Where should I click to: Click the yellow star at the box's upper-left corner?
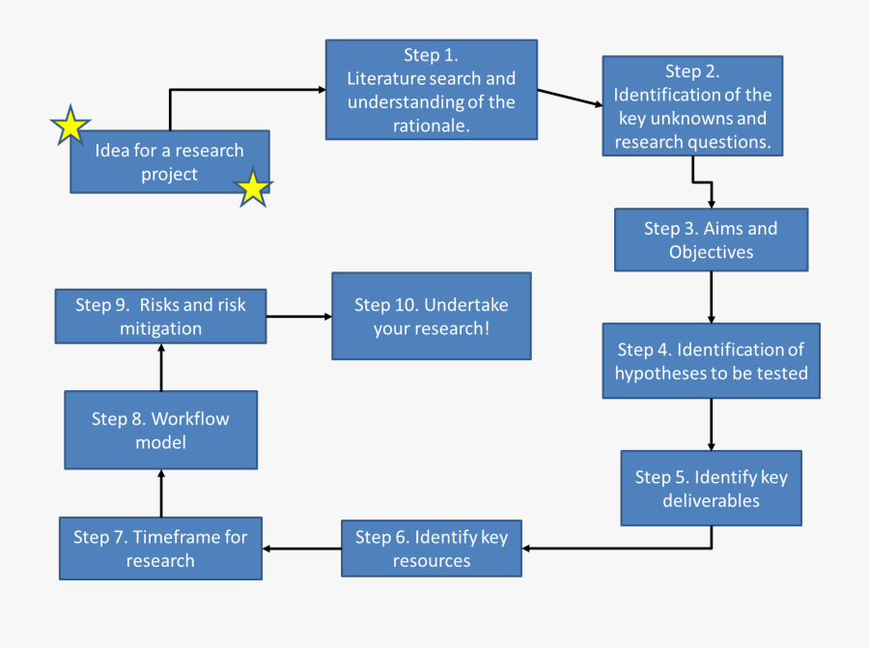coord(70,127)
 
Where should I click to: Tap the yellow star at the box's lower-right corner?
coord(253,188)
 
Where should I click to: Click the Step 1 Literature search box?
coord(431,90)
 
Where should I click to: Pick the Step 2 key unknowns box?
coord(692,105)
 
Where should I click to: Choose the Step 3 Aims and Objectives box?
coord(711,240)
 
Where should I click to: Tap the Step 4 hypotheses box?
coord(711,360)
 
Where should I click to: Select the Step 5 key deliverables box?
coord(711,488)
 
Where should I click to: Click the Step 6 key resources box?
coord(431,549)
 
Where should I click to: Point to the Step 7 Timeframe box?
coord(160,549)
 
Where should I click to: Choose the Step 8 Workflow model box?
coord(160,430)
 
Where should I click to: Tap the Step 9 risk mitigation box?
coord(160,316)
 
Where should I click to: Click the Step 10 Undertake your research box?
coord(431,316)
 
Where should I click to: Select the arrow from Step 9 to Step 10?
coord(299,316)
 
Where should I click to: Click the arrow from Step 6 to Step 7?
coord(301,549)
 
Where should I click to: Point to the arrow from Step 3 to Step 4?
coord(711,296)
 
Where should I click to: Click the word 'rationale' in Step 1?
coord(430,126)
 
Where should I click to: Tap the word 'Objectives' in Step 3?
coord(711,252)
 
